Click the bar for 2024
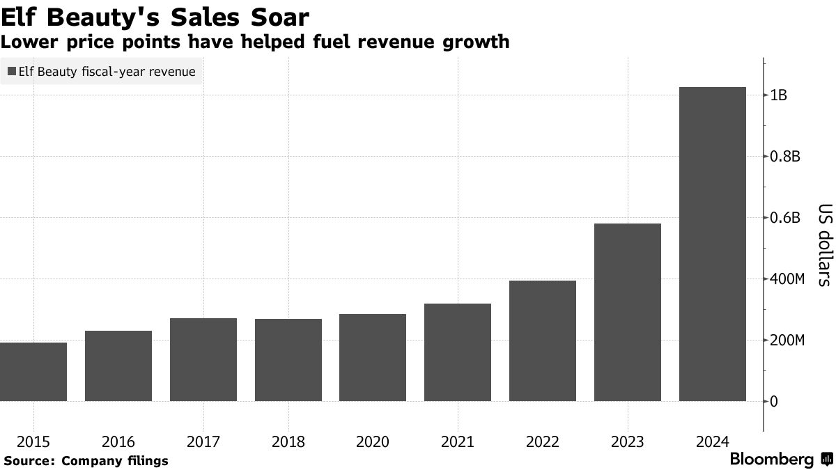coord(712,244)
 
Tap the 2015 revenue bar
coord(33,372)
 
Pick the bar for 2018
coord(288,360)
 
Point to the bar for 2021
coord(458,352)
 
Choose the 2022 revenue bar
coord(542,340)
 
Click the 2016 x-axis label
coord(118,442)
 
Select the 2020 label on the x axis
coord(373,442)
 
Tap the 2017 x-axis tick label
coord(203,442)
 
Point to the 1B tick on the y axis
coord(779,95)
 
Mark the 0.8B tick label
coord(785,157)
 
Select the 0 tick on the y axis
coord(774,402)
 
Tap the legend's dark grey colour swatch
coord(11,71)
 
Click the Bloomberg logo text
coord(771,460)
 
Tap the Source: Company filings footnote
coord(85,461)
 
